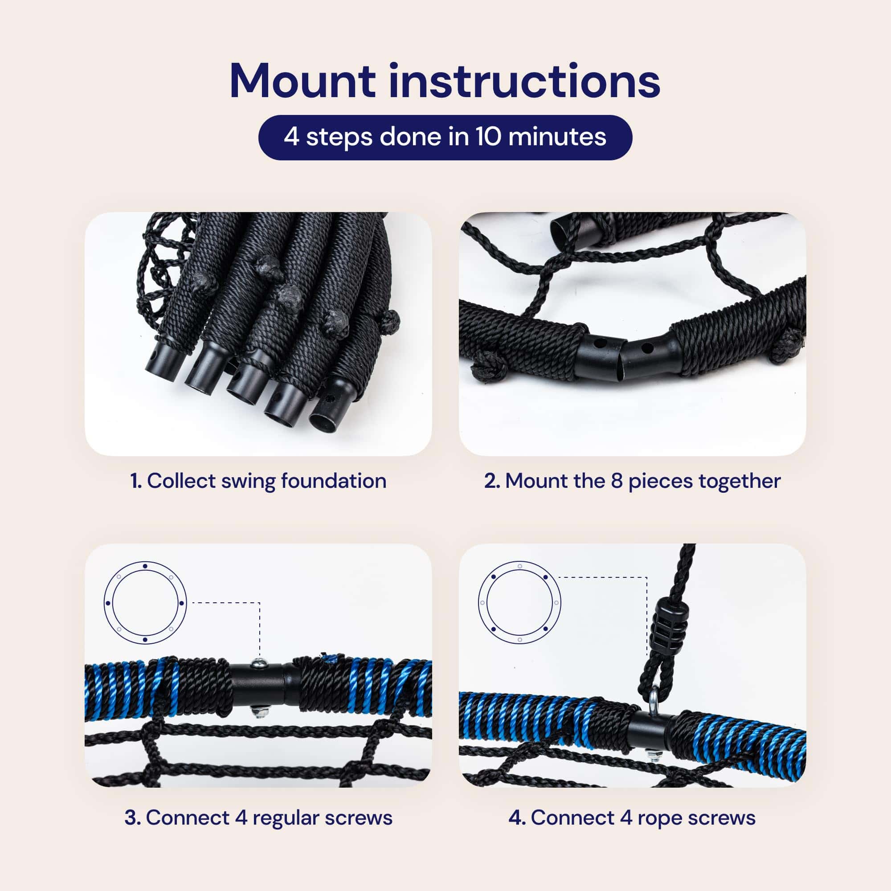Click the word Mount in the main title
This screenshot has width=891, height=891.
click(302, 82)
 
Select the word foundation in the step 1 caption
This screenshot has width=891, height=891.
click(333, 481)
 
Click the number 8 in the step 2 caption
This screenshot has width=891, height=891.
click(617, 481)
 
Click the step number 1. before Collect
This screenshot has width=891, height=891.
click(136, 481)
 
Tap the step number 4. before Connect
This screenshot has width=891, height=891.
click(517, 817)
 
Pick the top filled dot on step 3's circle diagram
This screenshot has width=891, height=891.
click(145, 566)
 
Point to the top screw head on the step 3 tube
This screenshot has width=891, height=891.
click(258, 663)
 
